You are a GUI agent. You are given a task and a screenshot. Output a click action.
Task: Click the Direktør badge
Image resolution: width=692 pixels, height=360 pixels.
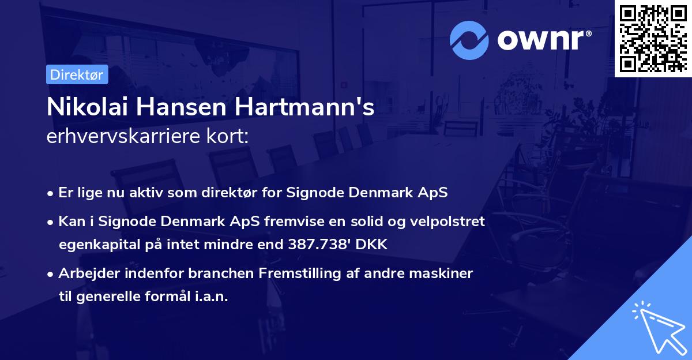tap(76, 74)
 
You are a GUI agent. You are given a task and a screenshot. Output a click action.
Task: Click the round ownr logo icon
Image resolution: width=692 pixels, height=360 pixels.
tap(469, 40)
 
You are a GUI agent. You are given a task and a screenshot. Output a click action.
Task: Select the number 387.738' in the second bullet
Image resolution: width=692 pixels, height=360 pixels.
tap(322, 245)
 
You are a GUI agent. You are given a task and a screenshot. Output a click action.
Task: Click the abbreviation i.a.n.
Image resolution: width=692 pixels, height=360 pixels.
tap(211, 297)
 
